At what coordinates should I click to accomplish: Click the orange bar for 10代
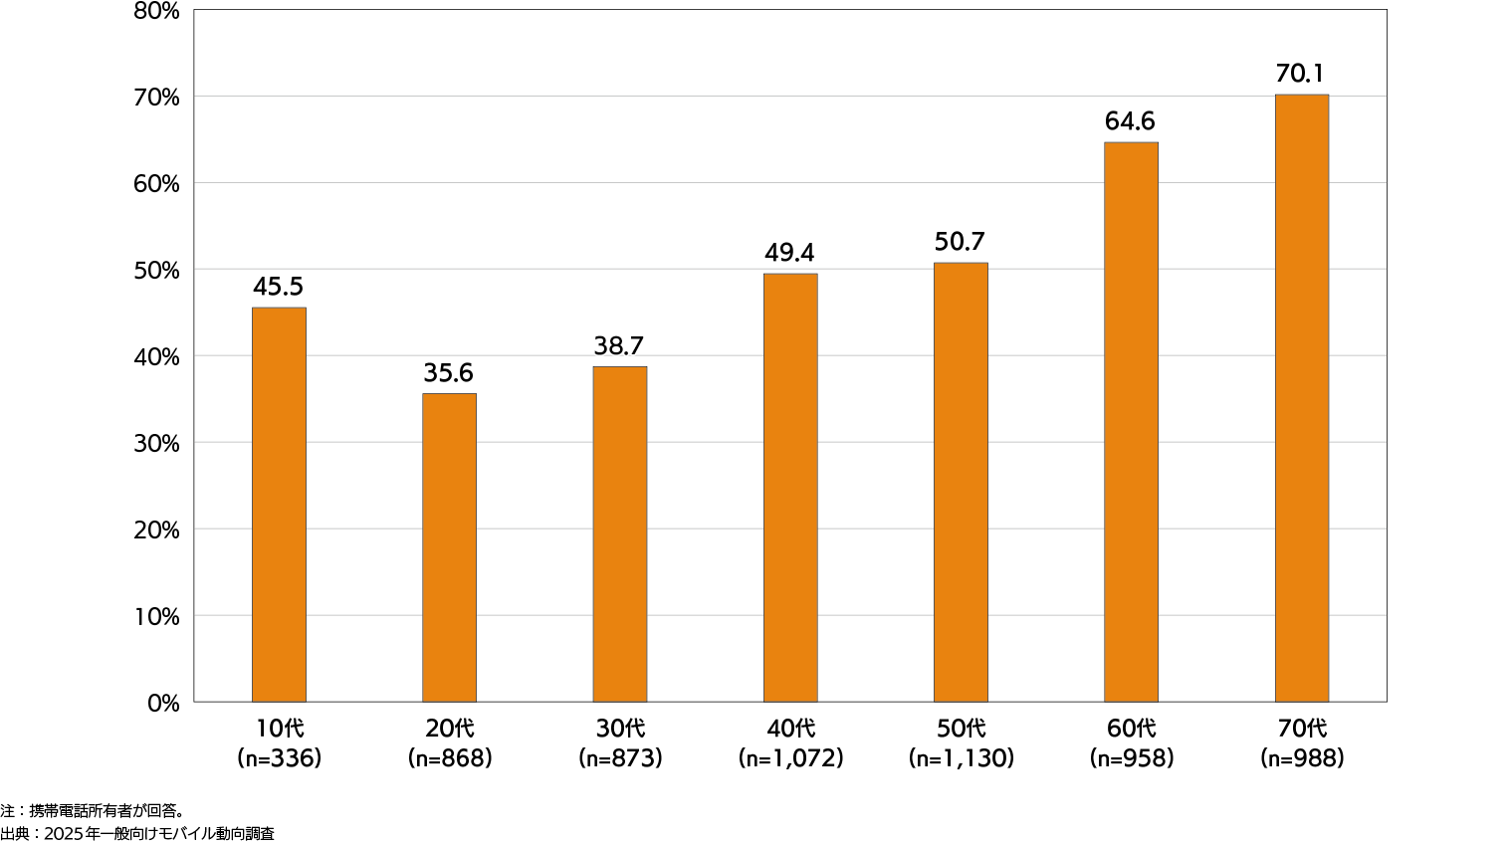(279, 505)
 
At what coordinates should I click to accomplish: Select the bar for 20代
(449, 547)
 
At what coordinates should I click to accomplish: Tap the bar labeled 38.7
(619, 534)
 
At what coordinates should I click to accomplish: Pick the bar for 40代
(790, 488)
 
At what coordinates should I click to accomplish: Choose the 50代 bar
(961, 483)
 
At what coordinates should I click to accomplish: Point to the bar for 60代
(1131, 422)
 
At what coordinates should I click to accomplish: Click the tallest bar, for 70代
(1301, 398)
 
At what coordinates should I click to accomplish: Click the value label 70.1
(1300, 74)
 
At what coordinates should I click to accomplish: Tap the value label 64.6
(1130, 121)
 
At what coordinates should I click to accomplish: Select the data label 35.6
(448, 373)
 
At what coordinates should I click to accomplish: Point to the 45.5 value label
(278, 287)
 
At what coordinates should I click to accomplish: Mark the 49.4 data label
(789, 253)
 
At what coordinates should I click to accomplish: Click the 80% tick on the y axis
(156, 11)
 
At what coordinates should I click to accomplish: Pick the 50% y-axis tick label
(156, 271)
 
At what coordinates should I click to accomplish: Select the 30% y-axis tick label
(156, 444)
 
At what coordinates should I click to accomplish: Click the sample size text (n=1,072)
(790, 758)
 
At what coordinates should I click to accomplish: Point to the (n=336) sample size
(279, 758)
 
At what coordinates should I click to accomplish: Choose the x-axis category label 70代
(1301, 729)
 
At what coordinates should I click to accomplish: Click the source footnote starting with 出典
(137, 834)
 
